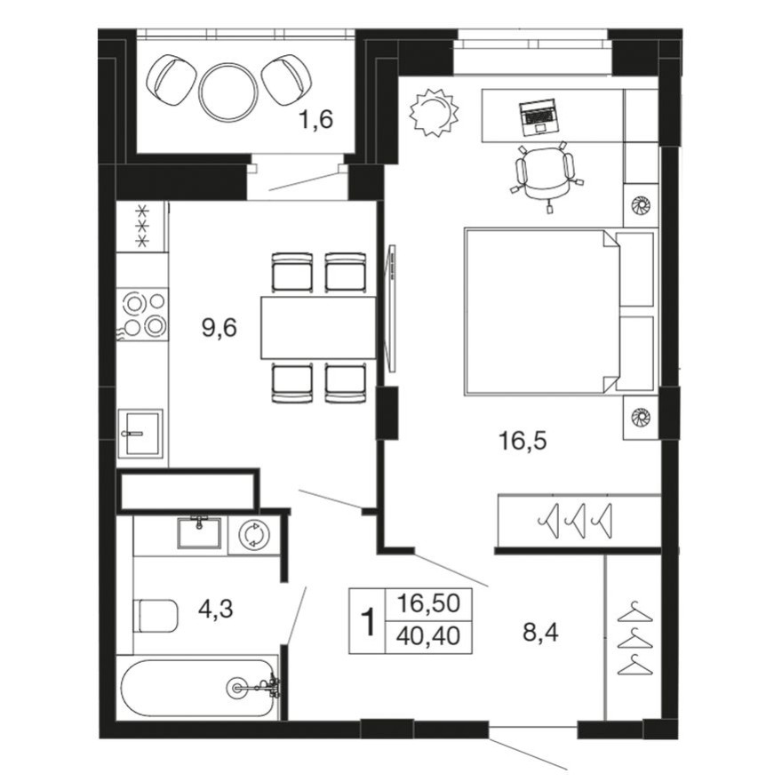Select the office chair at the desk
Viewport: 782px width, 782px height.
pos(545,173)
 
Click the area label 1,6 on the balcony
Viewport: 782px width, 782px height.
pos(315,119)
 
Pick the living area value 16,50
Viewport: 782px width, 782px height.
pos(427,604)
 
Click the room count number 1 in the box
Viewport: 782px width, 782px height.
pos(365,621)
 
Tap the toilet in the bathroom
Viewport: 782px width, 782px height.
pos(156,614)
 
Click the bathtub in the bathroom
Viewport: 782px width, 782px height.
pos(199,687)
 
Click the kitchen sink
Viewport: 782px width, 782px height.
pos(140,434)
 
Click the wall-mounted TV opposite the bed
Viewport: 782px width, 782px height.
pos(390,302)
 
